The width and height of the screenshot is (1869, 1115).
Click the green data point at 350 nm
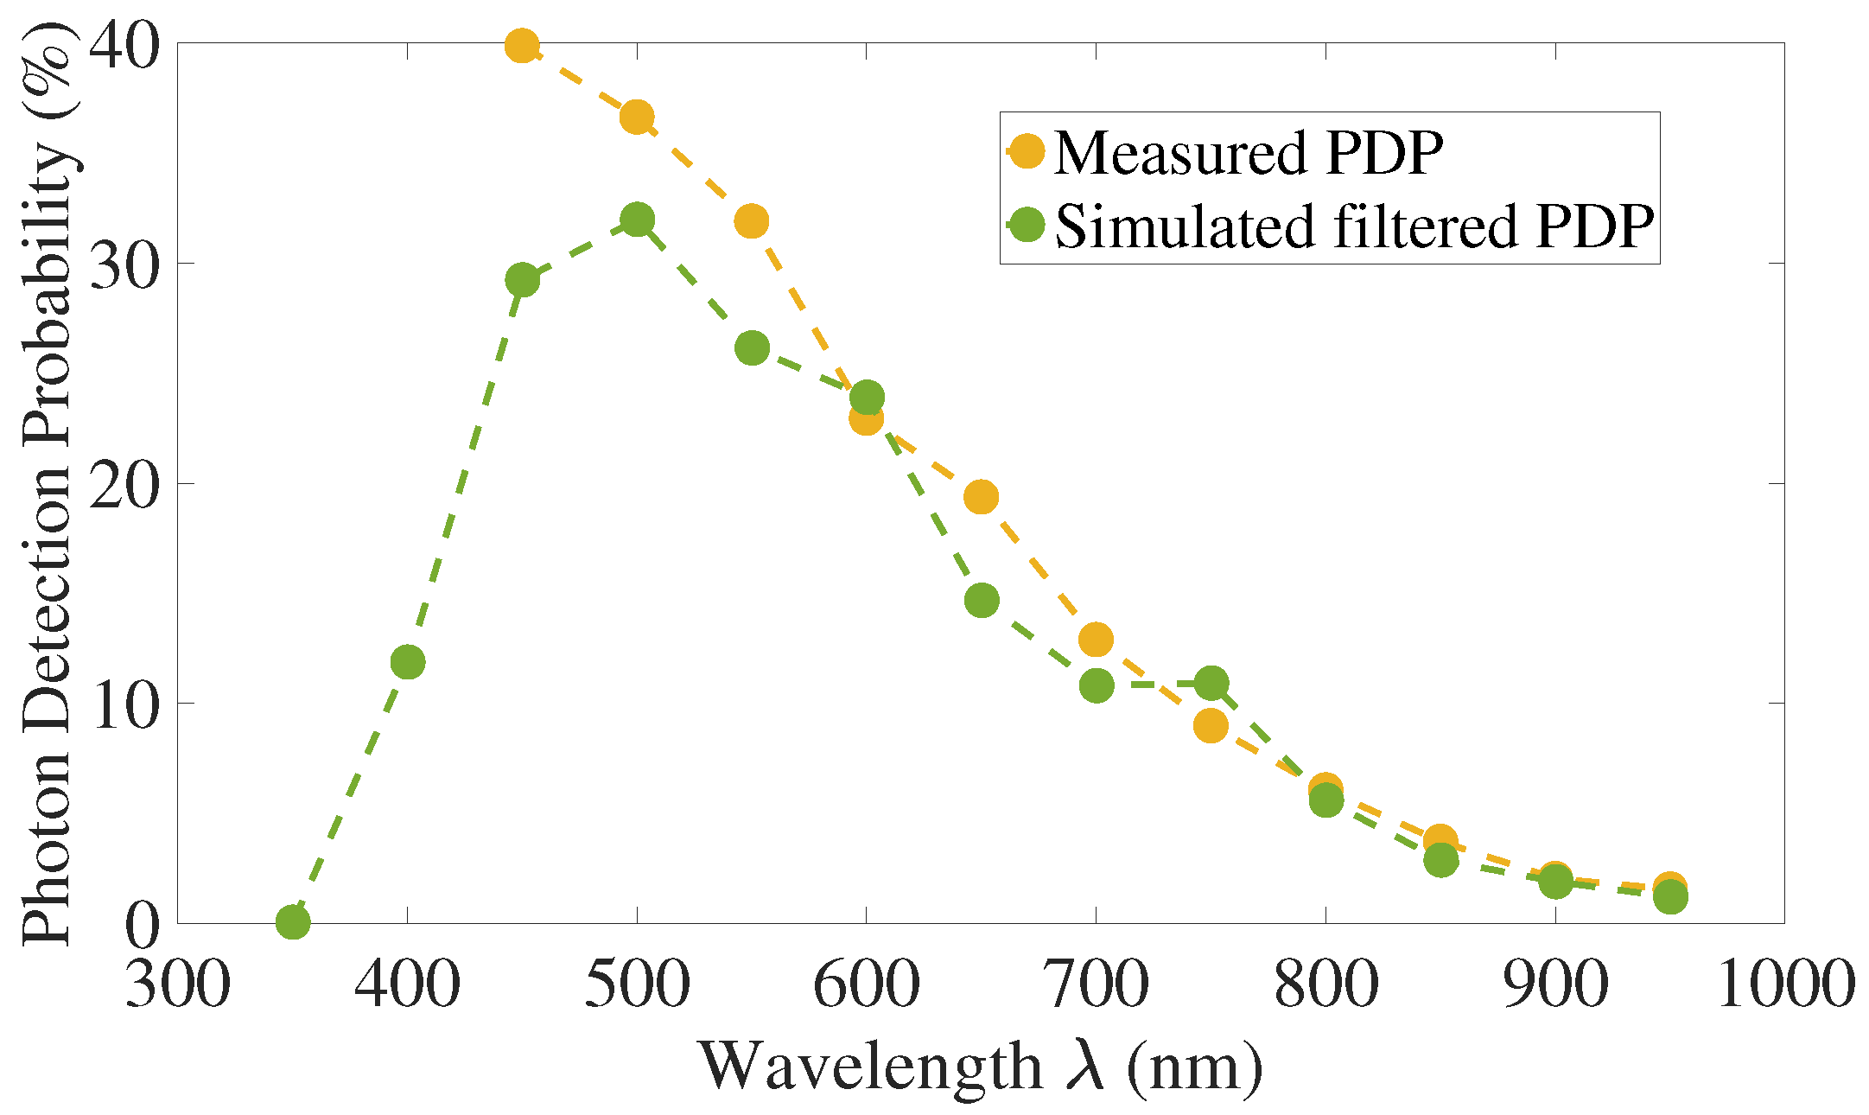[x=293, y=922]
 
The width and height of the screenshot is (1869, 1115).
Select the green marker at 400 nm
[x=408, y=662]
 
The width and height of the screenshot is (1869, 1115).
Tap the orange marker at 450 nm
[x=522, y=46]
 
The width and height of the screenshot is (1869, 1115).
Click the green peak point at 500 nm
[x=637, y=220]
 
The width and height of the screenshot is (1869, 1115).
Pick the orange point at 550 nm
[x=752, y=221]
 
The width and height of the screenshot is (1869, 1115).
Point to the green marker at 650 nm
[x=982, y=600]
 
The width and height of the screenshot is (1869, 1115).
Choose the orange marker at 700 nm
[x=1096, y=640]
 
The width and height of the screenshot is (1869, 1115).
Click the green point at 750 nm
[x=1211, y=684]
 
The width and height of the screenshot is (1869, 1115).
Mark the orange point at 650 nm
[x=982, y=497]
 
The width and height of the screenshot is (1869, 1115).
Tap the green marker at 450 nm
[x=522, y=279]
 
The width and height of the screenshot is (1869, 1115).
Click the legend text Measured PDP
[x=1249, y=154]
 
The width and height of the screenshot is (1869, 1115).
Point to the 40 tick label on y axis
[x=125, y=45]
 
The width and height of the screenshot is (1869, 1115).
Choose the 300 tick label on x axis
[x=178, y=984]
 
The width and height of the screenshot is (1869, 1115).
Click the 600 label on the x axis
[x=866, y=984]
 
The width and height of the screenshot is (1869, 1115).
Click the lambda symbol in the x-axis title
[x=1085, y=1065]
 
